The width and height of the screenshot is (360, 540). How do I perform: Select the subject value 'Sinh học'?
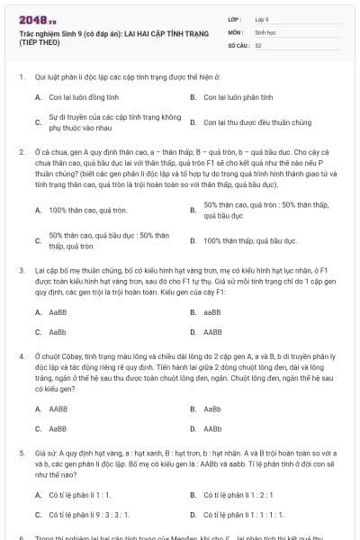coord(265,31)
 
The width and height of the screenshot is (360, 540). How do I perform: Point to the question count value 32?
coord(258,44)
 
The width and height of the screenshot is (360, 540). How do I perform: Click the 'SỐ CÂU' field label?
coord(238,44)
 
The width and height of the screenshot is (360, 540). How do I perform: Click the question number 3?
coord(21,269)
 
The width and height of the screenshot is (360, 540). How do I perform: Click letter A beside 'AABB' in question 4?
coord(38,409)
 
